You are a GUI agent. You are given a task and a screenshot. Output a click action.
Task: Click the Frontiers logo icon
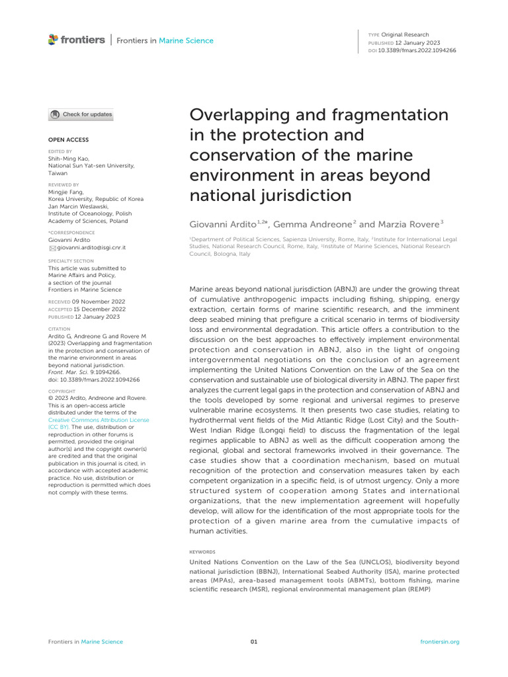[x=53, y=40]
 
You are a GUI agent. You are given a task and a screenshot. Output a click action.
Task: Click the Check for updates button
[x=81, y=114]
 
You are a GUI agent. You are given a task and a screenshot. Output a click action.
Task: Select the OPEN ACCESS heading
[x=68, y=140]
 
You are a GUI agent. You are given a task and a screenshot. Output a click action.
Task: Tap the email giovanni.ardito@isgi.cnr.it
[x=91, y=247]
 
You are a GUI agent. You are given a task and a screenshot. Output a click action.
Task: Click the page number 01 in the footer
[x=253, y=642]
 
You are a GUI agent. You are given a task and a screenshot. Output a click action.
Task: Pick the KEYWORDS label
[x=202, y=551]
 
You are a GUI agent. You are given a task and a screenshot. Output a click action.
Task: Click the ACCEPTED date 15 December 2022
[x=100, y=309]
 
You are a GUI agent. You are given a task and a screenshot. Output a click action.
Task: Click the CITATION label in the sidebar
[x=59, y=328]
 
